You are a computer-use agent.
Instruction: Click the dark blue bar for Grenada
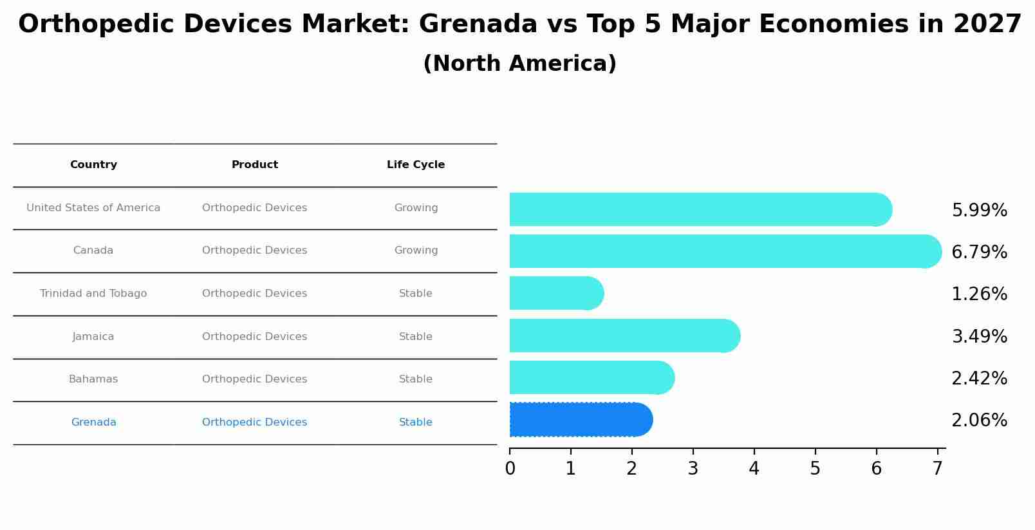[x=579, y=420]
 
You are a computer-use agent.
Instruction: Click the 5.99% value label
[x=979, y=211]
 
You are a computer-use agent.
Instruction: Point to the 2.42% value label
[x=979, y=379]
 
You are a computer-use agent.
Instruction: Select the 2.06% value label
[x=979, y=421]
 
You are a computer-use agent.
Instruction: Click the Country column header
[x=93, y=165]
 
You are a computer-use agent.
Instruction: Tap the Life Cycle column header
[x=416, y=165]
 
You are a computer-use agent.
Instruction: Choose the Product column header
[x=255, y=165]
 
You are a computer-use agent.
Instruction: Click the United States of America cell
[x=93, y=208]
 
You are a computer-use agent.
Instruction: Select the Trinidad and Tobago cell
[x=93, y=294]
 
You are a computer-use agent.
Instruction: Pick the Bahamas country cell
[x=93, y=379]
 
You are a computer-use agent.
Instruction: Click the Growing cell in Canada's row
[x=416, y=251]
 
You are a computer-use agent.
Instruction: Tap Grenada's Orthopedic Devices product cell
[x=255, y=422]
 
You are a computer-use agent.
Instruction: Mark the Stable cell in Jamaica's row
[x=416, y=337]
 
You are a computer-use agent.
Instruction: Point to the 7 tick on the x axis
[x=937, y=468]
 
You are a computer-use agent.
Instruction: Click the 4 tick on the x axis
[x=754, y=468]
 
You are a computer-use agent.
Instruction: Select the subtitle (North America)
[x=519, y=64]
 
